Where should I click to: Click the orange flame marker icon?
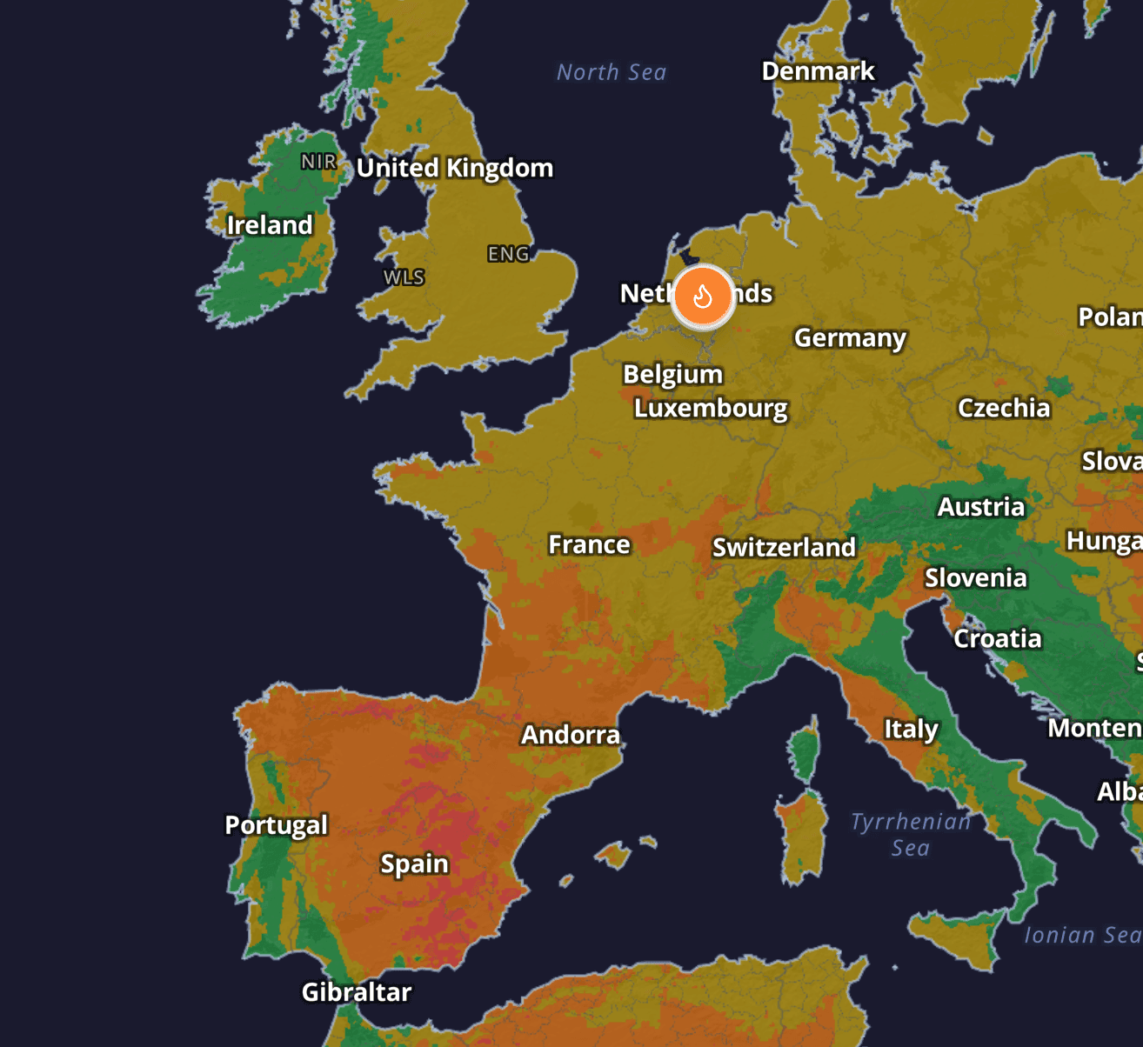[703, 297]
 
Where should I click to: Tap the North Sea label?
[612, 72]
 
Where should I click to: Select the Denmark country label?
[818, 71]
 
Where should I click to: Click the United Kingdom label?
[455, 168]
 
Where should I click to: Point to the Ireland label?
[270, 225]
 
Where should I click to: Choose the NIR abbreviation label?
[318, 162]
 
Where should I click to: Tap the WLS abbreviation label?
[404, 277]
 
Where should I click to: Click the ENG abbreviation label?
[509, 254]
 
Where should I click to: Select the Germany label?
[850, 337]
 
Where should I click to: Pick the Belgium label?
[673, 374]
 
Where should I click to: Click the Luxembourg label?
[711, 408]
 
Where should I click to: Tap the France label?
[589, 544]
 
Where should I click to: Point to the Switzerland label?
[784, 547]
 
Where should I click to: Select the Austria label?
[980, 507]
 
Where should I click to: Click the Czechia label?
[1004, 408]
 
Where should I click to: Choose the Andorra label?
[571, 735]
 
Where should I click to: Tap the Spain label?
[415, 864]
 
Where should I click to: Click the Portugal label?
[277, 824]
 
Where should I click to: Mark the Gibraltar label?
[357, 992]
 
